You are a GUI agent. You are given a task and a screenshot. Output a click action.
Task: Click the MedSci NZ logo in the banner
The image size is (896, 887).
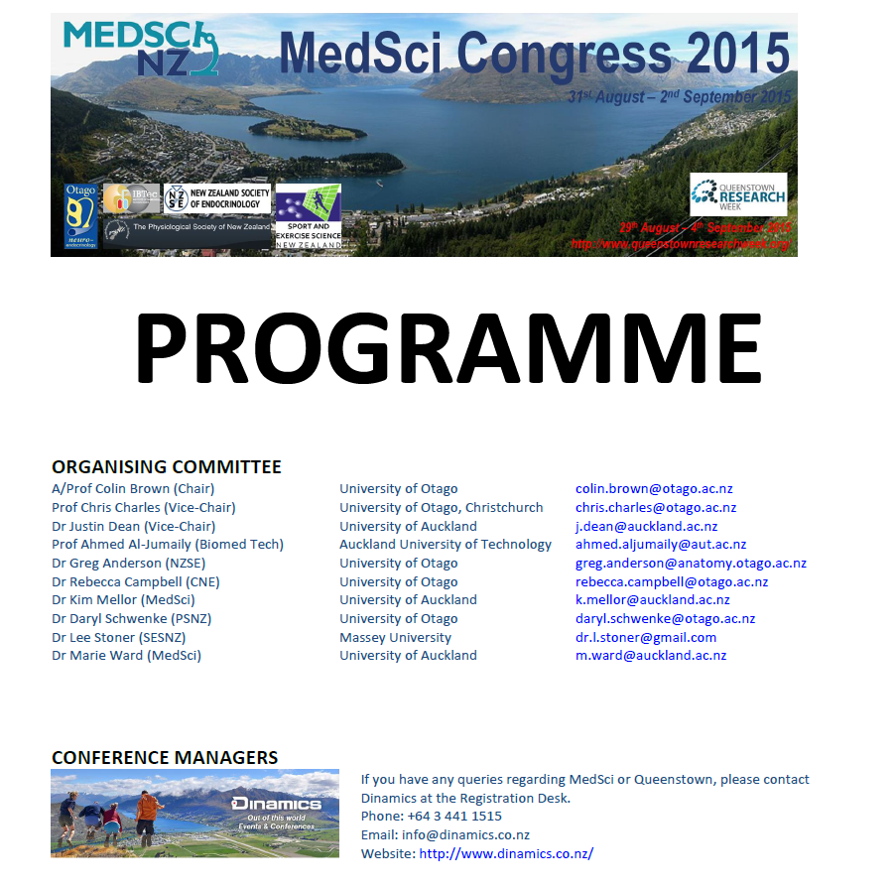pos(141,48)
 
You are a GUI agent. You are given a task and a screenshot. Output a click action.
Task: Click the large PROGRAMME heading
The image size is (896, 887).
pos(448,348)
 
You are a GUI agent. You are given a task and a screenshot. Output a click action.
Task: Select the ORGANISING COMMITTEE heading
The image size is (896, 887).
pos(167,467)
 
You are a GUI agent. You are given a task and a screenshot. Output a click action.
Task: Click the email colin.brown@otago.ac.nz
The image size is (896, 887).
pos(654,489)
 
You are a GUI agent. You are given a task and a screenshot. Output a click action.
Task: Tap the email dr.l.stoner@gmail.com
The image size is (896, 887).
pos(646,637)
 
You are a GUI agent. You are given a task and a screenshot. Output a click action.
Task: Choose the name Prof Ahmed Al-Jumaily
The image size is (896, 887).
pos(168,545)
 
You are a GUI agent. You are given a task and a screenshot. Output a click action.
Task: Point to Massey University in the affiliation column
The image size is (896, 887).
pos(395,637)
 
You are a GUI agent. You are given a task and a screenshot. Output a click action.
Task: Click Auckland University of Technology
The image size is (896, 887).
pos(446,545)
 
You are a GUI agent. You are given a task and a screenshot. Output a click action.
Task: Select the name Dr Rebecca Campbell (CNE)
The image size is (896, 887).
pos(136,581)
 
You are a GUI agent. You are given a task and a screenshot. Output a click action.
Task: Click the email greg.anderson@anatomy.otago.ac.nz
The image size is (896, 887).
pos(691,563)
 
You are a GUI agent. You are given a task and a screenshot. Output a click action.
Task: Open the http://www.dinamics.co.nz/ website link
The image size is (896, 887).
pos(506,853)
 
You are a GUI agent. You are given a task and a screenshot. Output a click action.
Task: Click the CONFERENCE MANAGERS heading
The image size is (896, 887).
pos(165,758)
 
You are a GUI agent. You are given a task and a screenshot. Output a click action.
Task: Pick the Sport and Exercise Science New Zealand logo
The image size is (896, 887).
pos(308,215)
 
